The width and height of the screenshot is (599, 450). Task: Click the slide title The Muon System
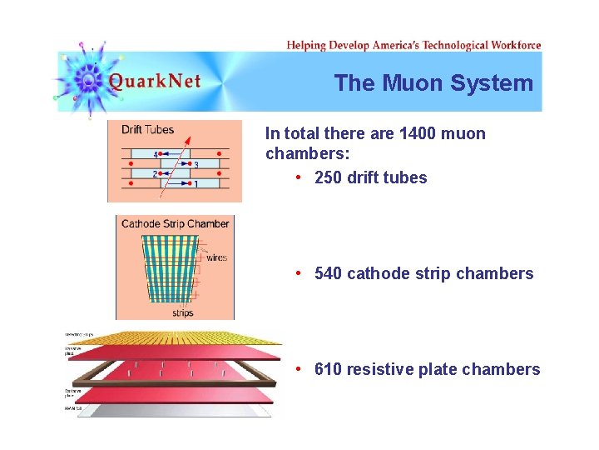(433, 83)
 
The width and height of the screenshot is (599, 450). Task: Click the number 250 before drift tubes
(329, 177)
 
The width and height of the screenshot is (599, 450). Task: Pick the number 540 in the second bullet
(329, 273)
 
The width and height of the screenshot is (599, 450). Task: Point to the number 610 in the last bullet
(329, 369)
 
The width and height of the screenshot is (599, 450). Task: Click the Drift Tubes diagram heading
(147, 129)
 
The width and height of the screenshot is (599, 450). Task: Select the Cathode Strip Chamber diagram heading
(175, 223)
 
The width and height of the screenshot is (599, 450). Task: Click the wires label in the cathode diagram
(216, 257)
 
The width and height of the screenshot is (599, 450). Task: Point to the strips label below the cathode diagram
(183, 313)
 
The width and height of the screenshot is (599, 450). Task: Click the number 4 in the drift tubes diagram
(155, 154)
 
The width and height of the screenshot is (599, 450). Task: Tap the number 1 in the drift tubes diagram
(196, 183)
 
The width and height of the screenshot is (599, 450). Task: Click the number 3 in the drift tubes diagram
(196, 165)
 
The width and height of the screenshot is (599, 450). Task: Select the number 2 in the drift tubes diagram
(155, 174)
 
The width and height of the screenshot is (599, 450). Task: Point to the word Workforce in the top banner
(516, 45)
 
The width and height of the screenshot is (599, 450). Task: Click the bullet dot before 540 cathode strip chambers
(298, 273)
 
